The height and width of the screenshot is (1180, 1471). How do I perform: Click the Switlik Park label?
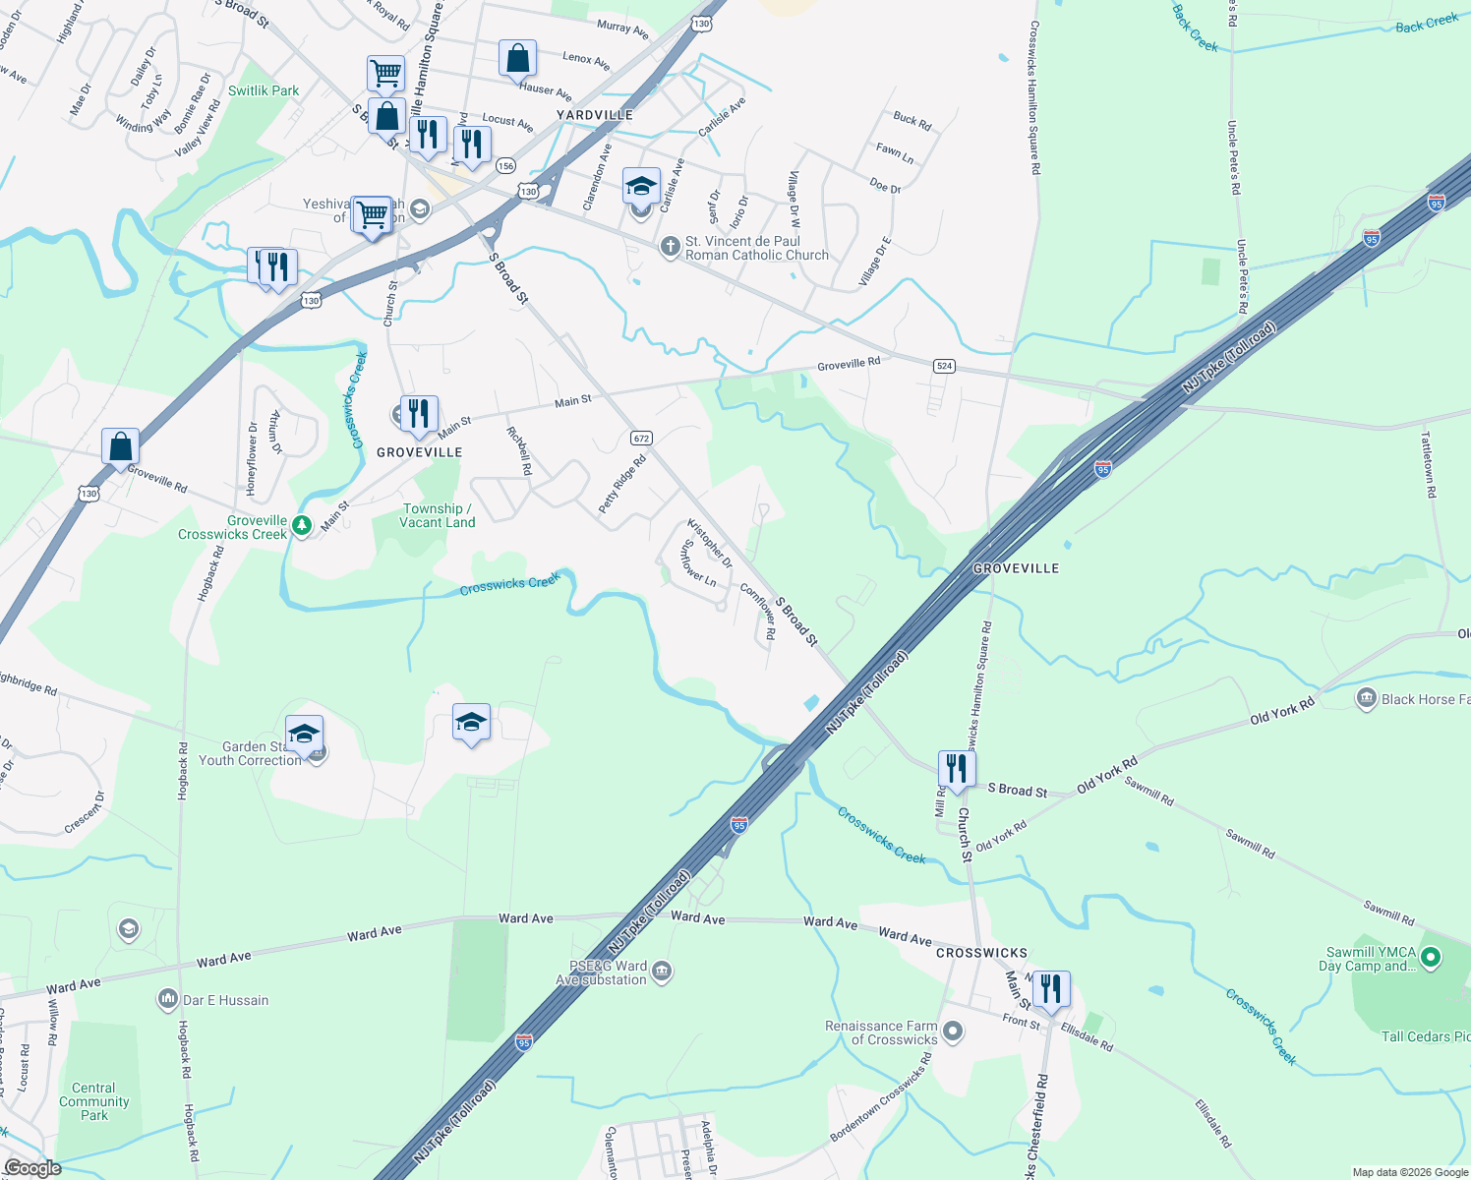264,90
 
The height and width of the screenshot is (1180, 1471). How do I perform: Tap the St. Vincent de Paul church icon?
670,247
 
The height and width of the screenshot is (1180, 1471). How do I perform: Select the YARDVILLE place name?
595,115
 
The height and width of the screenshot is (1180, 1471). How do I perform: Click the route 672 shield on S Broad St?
641,438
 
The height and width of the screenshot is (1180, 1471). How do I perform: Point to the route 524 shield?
944,366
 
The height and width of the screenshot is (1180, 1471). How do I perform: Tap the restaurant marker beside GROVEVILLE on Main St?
420,414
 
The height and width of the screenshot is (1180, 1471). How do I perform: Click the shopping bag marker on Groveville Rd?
121,446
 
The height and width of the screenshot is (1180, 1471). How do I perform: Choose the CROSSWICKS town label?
981,953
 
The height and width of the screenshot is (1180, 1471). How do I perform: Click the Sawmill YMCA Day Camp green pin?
1431,956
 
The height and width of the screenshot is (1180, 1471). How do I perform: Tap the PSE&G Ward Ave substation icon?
662,972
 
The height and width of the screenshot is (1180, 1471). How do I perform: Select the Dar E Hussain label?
225,1000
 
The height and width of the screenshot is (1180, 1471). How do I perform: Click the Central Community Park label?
94,1101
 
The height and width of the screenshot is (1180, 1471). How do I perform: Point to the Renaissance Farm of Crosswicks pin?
952,1032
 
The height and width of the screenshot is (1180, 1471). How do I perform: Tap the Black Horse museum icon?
1366,699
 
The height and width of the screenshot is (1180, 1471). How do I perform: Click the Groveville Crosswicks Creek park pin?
302,526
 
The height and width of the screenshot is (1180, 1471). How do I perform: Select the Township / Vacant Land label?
438,515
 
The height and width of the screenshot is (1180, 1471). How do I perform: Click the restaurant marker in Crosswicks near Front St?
1051,989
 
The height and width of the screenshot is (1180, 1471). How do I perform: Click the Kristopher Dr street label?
709,543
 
